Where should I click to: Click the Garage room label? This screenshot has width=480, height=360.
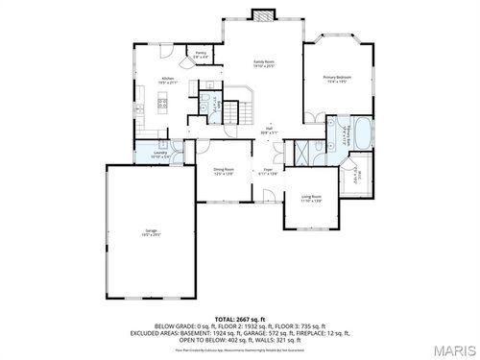click(x=152, y=232)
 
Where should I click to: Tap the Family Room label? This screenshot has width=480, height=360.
click(x=264, y=64)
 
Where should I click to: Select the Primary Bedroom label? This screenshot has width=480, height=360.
click(x=335, y=79)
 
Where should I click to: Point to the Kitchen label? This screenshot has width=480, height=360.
click(x=168, y=80)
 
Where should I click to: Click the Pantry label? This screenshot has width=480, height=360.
click(x=201, y=55)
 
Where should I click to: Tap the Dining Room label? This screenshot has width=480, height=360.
click(x=225, y=171)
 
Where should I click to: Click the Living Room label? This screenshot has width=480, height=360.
click(x=310, y=199)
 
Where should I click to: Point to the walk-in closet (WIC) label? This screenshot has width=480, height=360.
click(x=358, y=176)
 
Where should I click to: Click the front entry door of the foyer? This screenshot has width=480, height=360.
click(x=270, y=201)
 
